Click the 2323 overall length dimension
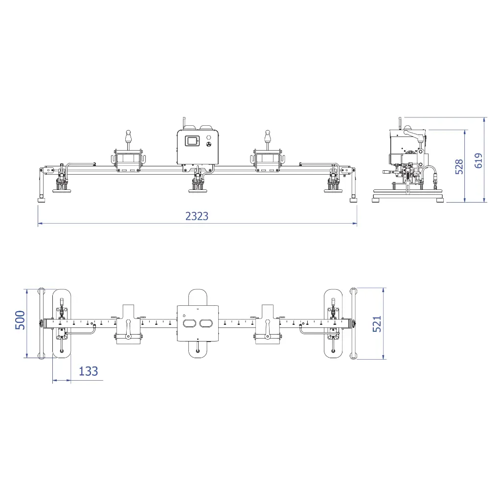[197, 216]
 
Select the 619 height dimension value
[478, 160]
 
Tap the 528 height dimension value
[459, 167]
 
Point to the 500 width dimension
[20, 320]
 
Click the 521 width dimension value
[377, 324]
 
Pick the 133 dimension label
[88, 371]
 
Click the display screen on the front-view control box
[192, 141]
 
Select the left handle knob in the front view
[128, 133]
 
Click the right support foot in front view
[353, 199]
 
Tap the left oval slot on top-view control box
[189, 323]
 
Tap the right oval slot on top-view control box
[206, 323]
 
